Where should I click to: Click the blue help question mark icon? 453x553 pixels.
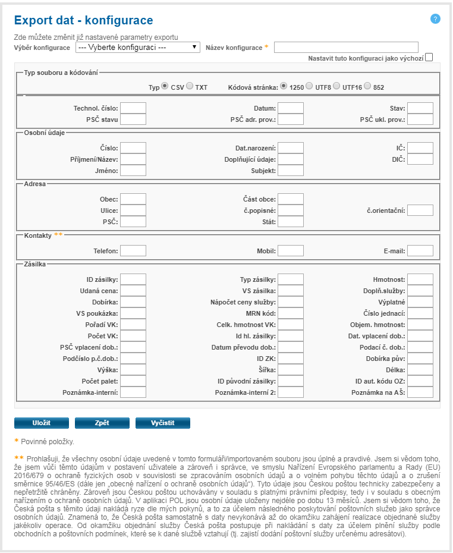[435, 19]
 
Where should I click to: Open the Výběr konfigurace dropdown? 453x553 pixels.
[137, 47]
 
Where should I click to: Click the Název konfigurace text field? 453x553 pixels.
[346, 47]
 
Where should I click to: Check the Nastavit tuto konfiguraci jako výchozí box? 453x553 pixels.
[429, 57]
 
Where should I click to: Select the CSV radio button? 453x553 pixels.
[165, 86]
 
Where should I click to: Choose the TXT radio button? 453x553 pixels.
[190, 86]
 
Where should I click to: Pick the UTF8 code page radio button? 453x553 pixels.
[309, 86]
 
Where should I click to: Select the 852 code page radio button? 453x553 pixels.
[367, 86]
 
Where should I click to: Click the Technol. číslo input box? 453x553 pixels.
[133, 108]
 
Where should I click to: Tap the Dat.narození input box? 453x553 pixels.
[291, 148]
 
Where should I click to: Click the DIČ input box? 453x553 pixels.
[420, 159]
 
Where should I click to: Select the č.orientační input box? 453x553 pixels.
[420, 210]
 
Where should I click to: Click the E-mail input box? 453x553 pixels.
[420, 251]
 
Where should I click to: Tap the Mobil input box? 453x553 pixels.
[291, 251]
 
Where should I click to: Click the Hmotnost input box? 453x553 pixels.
[420, 279]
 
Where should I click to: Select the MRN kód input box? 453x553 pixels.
[291, 313]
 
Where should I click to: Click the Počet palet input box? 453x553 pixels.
[133, 381]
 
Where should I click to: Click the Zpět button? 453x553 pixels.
[102, 423]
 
